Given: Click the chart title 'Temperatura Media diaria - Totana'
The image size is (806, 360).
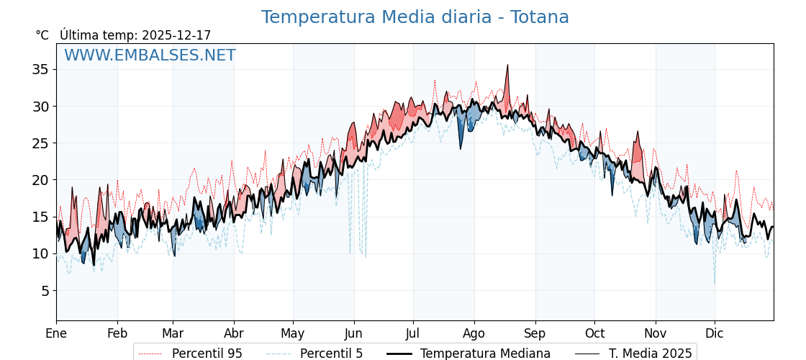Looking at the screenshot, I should click(x=415, y=17).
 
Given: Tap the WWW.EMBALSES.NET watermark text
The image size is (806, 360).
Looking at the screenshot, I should click(x=150, y=55).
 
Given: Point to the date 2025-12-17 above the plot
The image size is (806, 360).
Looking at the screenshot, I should click(x=176, y=35).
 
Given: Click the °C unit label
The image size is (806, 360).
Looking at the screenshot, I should click(x=42, y=35).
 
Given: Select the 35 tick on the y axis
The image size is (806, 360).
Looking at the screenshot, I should click(x=40, y=70).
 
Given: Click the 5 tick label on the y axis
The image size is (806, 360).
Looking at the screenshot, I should click(x=44, y=291).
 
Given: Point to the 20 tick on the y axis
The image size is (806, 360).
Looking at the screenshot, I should click(x=40, y=180).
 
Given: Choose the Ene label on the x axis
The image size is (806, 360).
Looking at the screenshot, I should click(x=56, y=334).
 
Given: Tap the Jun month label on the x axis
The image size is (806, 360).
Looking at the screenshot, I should click(x=354, y=334).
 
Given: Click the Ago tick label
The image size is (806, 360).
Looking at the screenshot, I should click(x=474, y=334).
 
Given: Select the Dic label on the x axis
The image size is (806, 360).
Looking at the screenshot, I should click(x=715, y=334).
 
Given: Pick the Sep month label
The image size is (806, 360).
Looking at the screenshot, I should click(x=535, y=334).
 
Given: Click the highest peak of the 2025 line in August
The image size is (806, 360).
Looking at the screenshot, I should click(x=507, y=65).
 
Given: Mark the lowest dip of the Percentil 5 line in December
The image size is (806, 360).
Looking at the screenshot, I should click(x=715, y=283).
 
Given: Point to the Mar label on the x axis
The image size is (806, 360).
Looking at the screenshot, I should click(x=173, y=334).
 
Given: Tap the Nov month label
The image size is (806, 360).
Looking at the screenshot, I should click(x=656, y=334).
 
